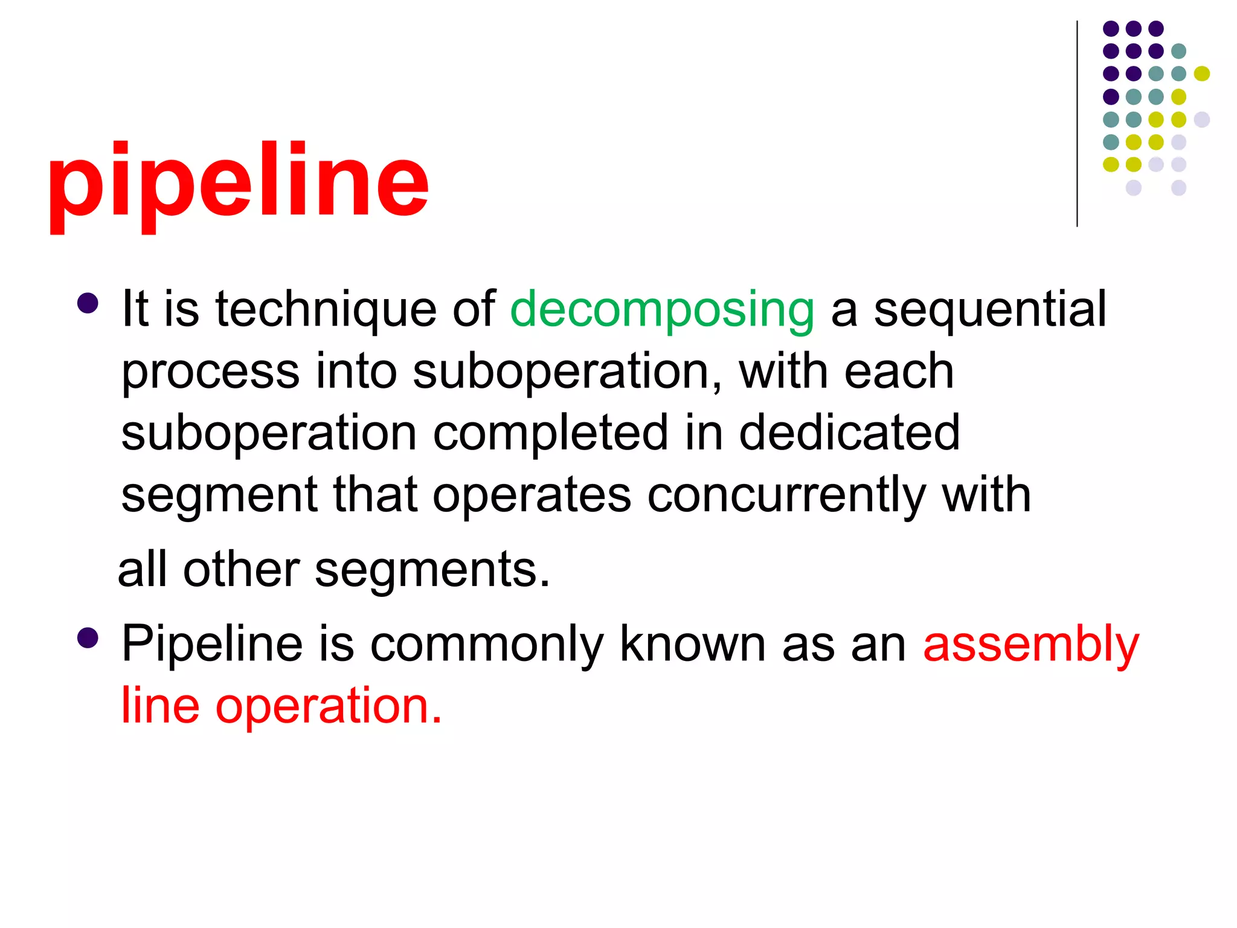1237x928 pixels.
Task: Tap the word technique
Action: pyautogui.click(x=326, y=309)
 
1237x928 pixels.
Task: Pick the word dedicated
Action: pyautogui.click(x=849, y=433)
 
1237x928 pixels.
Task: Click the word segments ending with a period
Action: pyautogui.click(x=432, y=571)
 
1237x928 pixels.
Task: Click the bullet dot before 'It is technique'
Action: pyautogui.click(x=88, y=303)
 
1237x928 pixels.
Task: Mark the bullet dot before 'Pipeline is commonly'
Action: pyautogui.click(x=88, y=638)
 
